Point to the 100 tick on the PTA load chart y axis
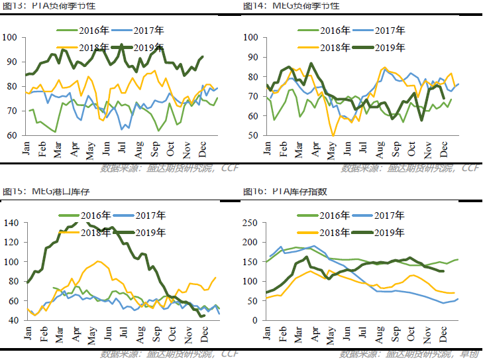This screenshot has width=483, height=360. pos(11,37)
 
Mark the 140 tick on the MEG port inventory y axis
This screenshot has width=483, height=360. pos(11,223)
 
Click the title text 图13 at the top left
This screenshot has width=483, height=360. pos(13,5)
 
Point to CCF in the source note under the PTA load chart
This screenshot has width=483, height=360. pos(229,168)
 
